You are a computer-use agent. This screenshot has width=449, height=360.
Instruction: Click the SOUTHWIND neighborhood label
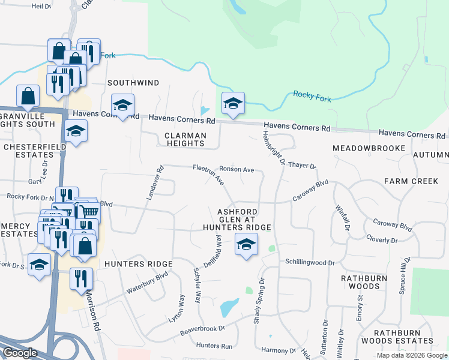click(134, 82)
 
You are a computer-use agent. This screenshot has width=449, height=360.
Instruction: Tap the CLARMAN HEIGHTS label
click(185, 140)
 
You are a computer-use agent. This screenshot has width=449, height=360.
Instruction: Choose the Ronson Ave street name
click(237, 169)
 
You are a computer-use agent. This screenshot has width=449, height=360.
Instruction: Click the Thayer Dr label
click(302, 165)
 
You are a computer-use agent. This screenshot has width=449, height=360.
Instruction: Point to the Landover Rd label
click(155, 183)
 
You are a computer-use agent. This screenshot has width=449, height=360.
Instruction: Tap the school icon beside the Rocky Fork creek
click(233, 104)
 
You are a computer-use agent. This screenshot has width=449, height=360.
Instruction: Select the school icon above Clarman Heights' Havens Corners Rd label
click(122, 106)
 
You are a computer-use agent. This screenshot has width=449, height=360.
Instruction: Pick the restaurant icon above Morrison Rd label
click(77, 278)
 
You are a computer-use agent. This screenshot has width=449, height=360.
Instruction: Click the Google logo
click(20, 353)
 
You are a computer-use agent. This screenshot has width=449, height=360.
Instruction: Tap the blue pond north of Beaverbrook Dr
click(229, 308)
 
